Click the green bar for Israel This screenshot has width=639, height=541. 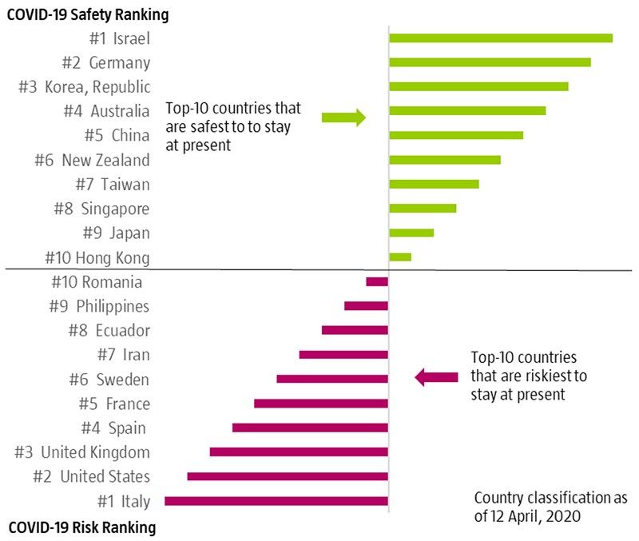click(x=500, y=38)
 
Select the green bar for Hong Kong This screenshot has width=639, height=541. click(x=399, y=257)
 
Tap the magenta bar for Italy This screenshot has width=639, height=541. click(x=276, y=501)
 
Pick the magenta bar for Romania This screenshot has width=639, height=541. click(x=377, y=281)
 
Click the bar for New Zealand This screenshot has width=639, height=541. click(x=444, y=159)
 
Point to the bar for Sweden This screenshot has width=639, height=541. click(x=332, y=379)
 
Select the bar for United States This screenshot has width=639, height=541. click(x=288, y=476)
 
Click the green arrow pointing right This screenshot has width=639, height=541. click(x=343, y=118)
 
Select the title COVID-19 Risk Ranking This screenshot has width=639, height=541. click(x=81, y=527)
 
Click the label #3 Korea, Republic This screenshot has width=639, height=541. click(x=84, y=86)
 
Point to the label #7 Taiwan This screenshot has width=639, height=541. click(x=113, y=184)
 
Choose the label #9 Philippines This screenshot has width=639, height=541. click(x=100, y=306)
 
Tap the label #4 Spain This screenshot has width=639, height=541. click(x=114, y=428)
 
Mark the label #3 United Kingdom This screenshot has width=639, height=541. click(x=82, y=452)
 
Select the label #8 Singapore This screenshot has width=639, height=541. click(x=101, y=209)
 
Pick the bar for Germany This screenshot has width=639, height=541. click(x=490, y=62)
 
